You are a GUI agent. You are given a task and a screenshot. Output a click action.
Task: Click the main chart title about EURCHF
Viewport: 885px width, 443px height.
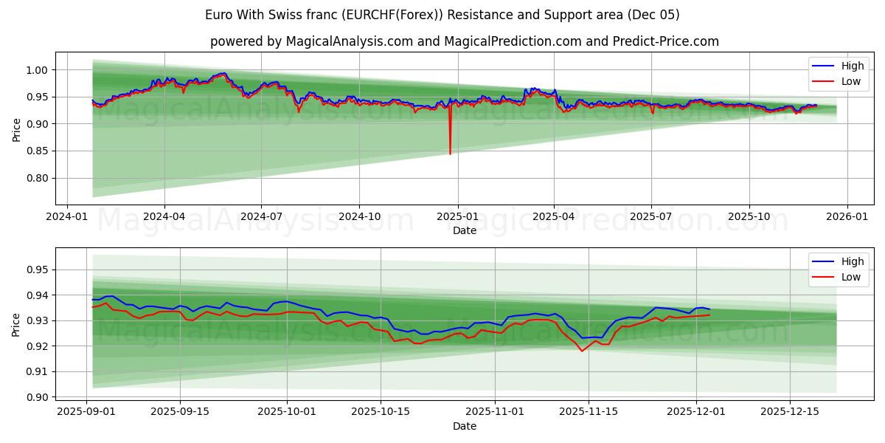pos(442,15)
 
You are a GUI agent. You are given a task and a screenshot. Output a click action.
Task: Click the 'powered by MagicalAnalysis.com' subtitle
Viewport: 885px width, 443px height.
pos(465,41)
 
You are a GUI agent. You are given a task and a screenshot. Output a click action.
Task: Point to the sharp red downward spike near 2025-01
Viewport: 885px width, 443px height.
pos(450,152)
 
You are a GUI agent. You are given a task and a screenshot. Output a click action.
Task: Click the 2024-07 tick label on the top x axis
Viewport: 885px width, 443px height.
pos(261,217)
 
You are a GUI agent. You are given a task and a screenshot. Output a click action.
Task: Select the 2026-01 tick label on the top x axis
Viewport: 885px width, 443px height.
pos(847,217)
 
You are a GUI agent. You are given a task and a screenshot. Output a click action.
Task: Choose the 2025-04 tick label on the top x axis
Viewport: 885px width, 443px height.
pos(554,217)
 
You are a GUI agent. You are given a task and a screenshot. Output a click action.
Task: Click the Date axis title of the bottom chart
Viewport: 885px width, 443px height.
pos(465,426)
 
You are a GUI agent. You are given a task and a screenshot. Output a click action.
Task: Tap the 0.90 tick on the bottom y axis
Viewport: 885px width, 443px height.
pos(36,397)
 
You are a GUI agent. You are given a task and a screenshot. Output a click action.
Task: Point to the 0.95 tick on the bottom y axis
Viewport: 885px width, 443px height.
pos(36,270)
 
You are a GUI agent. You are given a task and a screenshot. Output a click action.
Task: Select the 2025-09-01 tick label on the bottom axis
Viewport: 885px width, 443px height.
pos(86,412)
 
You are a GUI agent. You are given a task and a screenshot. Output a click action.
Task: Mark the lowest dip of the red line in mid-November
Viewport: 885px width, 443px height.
pos(581,351)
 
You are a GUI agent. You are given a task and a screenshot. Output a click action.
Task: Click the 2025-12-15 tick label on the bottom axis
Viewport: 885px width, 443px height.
pos(790,412)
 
